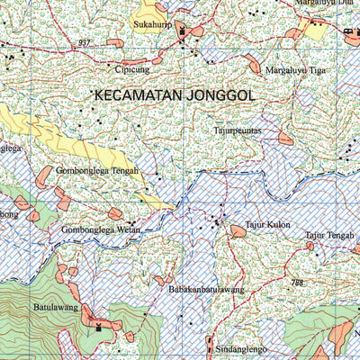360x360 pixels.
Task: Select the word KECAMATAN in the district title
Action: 138,94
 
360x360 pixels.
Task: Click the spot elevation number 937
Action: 85,43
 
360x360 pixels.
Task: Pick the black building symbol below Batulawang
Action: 98,328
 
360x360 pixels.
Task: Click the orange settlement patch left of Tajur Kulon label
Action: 238,231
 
